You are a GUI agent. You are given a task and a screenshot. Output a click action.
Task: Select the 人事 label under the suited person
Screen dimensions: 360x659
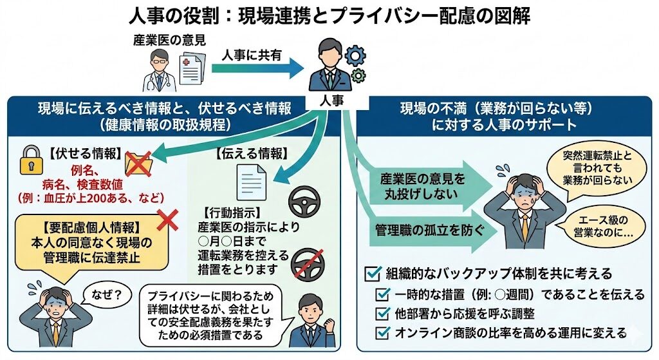[x=331, y=102]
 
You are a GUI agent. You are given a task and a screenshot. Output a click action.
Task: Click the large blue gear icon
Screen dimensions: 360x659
[x=355, y=55]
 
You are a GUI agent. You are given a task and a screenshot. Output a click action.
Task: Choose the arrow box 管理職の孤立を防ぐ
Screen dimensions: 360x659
[x=425, y=230]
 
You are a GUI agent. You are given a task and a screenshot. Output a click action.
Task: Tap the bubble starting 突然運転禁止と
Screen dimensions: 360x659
[x=598, y=167]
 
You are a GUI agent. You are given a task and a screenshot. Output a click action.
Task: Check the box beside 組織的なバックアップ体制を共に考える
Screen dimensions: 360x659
[x=373, y=274]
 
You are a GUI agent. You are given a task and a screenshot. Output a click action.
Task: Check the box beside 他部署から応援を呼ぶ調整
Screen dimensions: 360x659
[x=383, y=314]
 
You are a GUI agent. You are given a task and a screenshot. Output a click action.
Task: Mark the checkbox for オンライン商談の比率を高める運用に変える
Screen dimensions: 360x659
[x=383, y=333]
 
